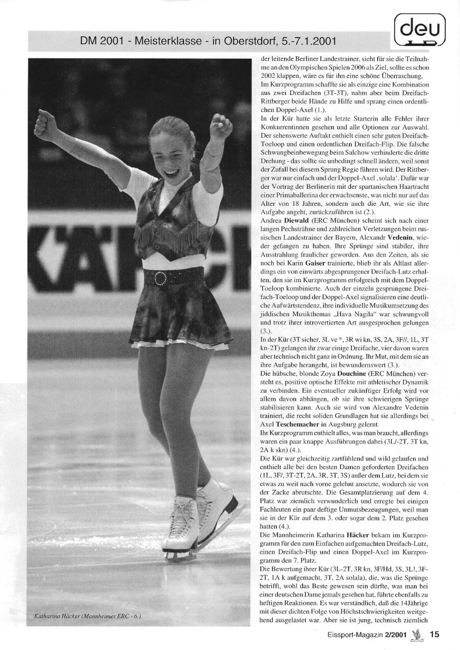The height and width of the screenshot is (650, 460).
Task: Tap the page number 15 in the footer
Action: coord(434,634)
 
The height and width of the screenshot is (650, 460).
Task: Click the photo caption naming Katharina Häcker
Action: coord(88,616)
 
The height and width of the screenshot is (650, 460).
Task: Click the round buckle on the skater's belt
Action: coord(161,278)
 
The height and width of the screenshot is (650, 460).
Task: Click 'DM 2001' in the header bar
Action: coord(102,41)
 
